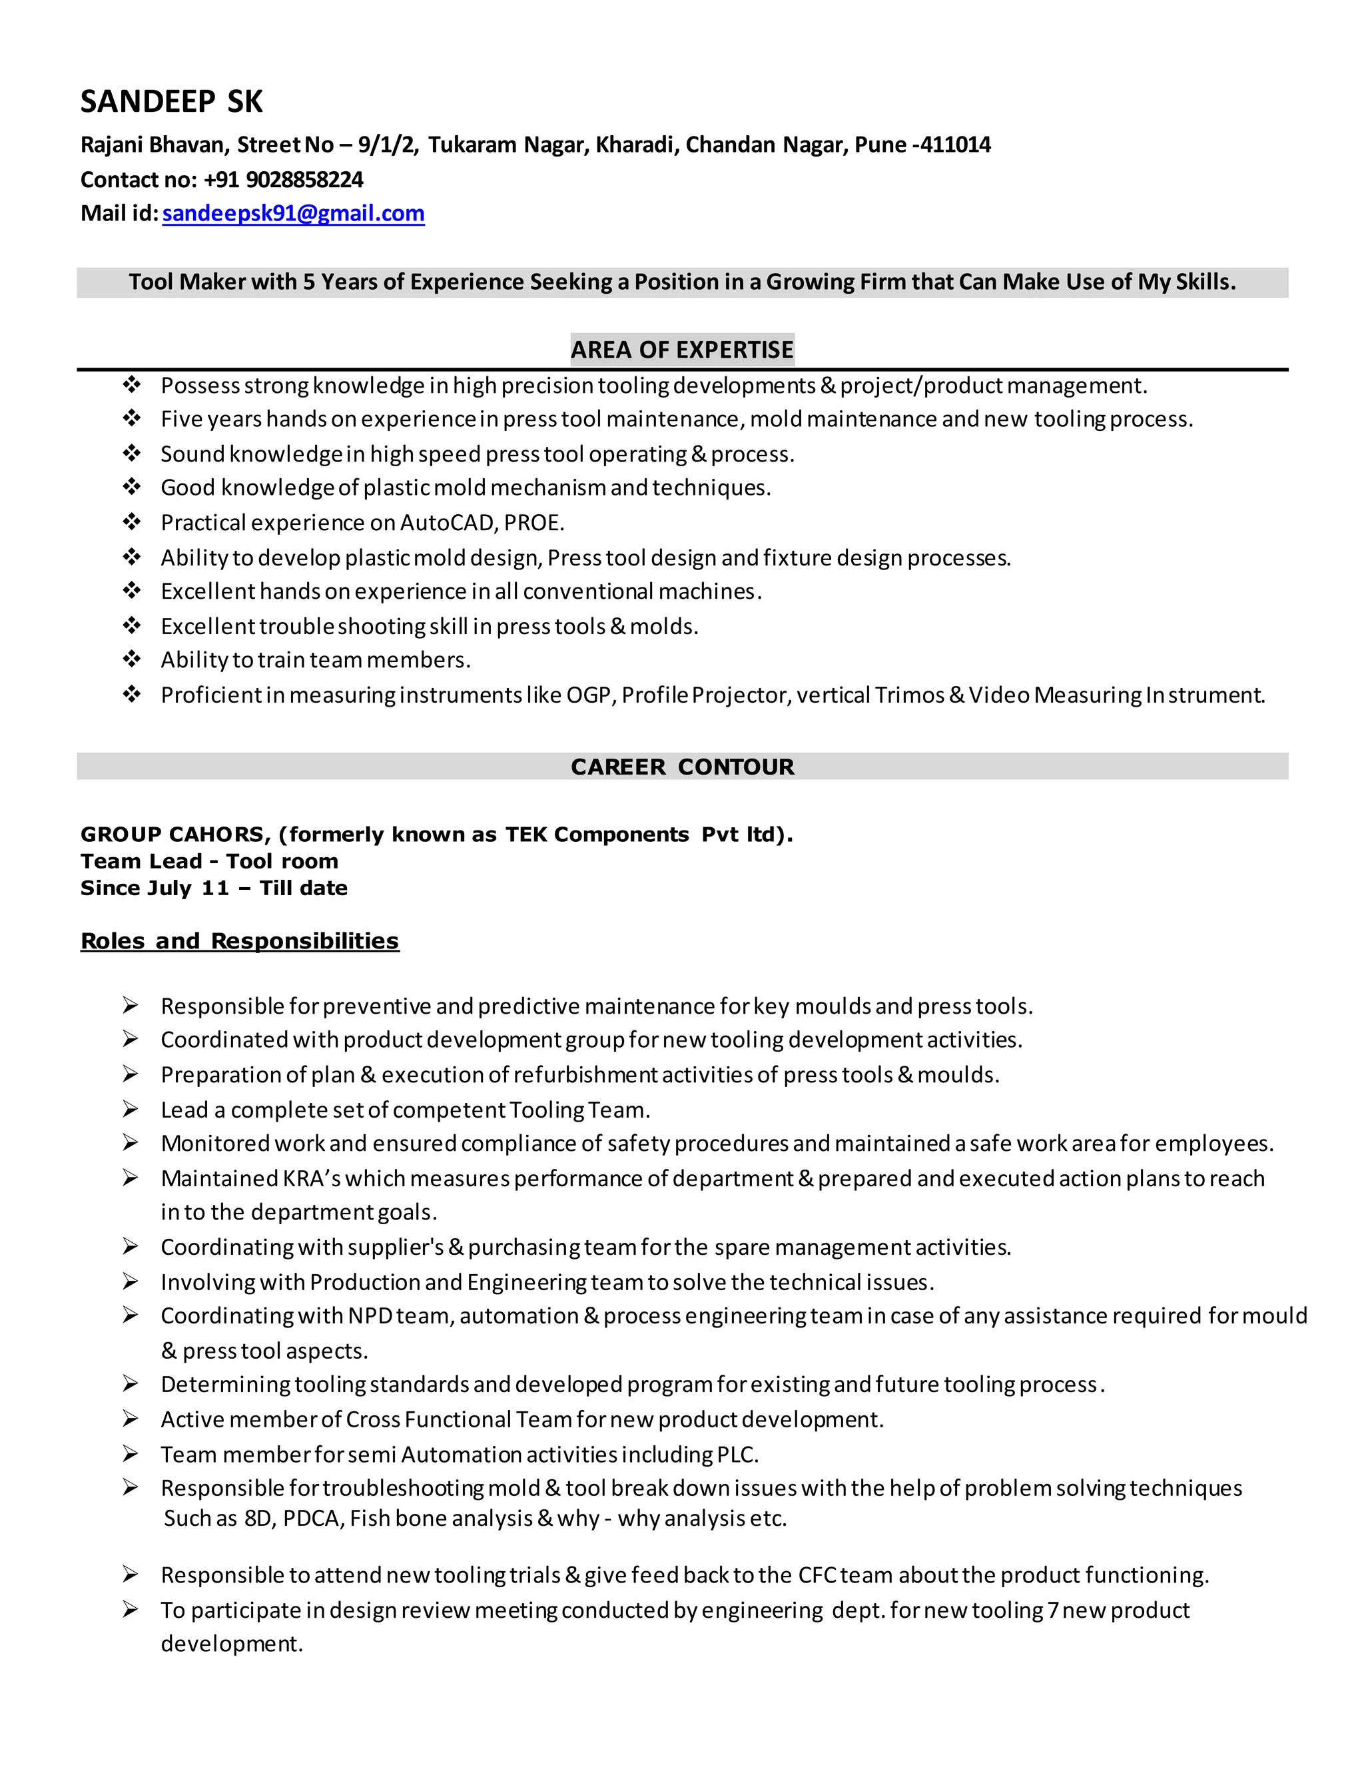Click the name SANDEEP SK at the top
[x=171, y=102]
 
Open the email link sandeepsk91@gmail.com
[x=293, y=213]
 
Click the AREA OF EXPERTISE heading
[x=682, y=350]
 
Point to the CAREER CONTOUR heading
[x=682, y=767]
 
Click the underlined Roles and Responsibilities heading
[x=240, y=942]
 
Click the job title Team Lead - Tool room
[x=209, y=861]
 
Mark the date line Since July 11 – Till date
[x=214, y=888]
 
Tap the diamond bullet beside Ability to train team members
[x=132, y=659]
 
